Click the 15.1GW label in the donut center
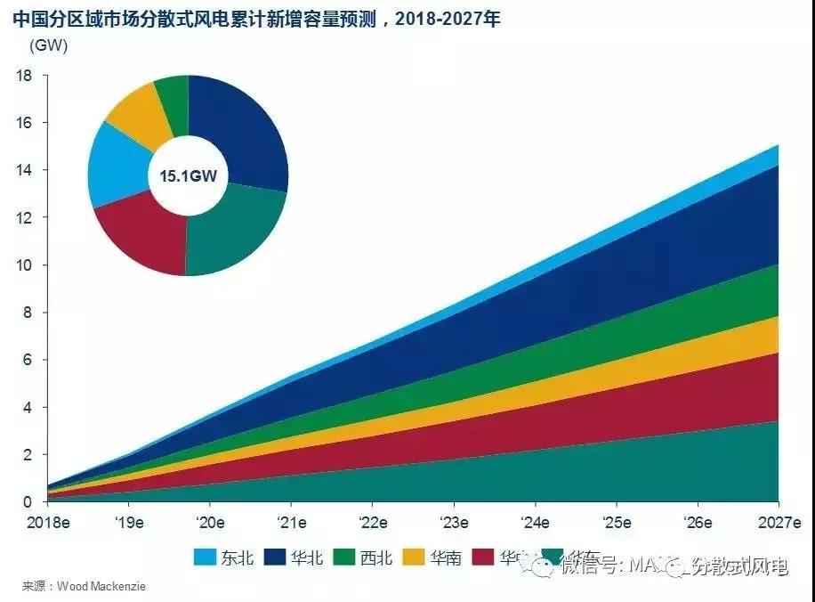click(188, 175)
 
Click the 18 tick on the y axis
click(24, 76)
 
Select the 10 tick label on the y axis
click(24, 265)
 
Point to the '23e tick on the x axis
click(455, 522)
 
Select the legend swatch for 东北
click(206, 558)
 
